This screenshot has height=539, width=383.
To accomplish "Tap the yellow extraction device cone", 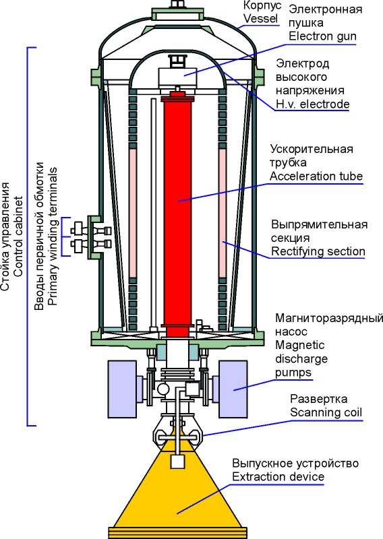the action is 177,495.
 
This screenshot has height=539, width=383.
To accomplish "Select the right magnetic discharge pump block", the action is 233,389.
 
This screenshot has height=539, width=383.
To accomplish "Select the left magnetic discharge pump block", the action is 122,389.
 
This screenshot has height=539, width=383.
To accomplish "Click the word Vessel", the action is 260,19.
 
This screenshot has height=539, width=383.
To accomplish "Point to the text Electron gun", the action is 322,36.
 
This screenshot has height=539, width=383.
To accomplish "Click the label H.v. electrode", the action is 312,104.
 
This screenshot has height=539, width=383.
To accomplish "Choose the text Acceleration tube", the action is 316,176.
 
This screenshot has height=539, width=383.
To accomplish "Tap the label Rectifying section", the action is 318,251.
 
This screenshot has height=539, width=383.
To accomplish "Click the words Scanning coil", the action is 326,412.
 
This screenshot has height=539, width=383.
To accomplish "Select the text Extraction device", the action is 278,477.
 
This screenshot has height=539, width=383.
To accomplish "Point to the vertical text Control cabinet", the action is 18,236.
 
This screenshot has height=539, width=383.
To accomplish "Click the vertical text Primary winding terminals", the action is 52,236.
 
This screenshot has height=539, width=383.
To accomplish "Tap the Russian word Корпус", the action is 262,5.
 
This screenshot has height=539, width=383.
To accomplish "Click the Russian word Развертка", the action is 319,399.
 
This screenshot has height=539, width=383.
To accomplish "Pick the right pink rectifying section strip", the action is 223,213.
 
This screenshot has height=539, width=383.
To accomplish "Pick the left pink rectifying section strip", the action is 132,213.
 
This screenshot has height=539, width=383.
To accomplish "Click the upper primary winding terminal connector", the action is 91,230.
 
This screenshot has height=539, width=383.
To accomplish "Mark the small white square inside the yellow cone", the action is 177,462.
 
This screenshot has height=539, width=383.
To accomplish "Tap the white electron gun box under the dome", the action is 177,77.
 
